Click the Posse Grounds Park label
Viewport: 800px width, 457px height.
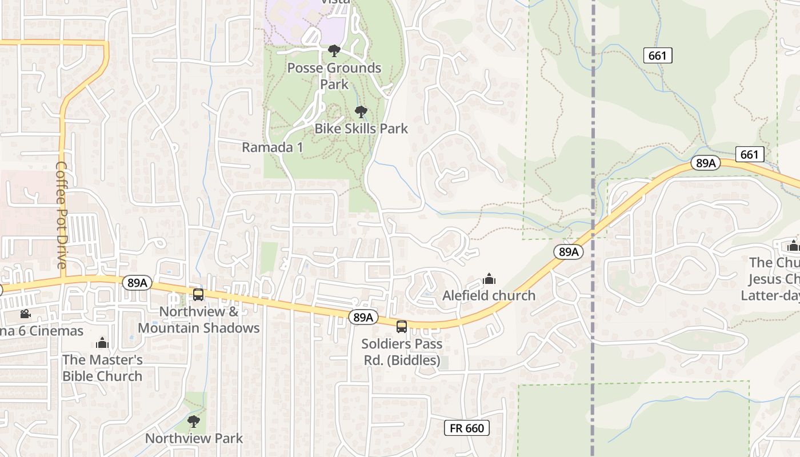[x=334, y=76]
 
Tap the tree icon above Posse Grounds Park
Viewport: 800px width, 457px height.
[x=334, y=51]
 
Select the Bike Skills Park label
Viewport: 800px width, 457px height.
[x=361, y=129]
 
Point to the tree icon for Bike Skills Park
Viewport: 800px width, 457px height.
[x=361, y=111]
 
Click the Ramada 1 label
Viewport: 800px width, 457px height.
[x=272, y=147]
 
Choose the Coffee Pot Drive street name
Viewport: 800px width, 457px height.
[x=62, y=215]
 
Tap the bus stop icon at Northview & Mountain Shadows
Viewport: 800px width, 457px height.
[x=198, y=295]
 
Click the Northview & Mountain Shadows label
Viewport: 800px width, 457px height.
[x=199, y=320]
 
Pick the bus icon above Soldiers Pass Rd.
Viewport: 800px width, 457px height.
[x=402, y=327]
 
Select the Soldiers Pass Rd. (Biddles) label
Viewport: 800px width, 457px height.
[x=402, y=352]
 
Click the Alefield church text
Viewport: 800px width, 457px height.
[x=489, y=295]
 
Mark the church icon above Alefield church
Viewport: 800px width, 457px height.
[x=489, y=279]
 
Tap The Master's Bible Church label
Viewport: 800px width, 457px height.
[x=102, y=368]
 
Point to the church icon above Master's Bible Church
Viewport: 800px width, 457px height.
[x=102, y=343]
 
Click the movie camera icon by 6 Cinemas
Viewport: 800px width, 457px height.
[x=25, y=314]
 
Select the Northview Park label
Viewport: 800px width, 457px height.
[x=194, y=439]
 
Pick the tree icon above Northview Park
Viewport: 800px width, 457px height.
[x=194, y=422]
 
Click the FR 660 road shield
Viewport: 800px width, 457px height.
[x=466, y=428]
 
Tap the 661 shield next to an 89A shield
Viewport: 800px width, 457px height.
[x=749, y=154]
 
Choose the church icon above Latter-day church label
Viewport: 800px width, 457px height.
[x=793, y=246]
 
